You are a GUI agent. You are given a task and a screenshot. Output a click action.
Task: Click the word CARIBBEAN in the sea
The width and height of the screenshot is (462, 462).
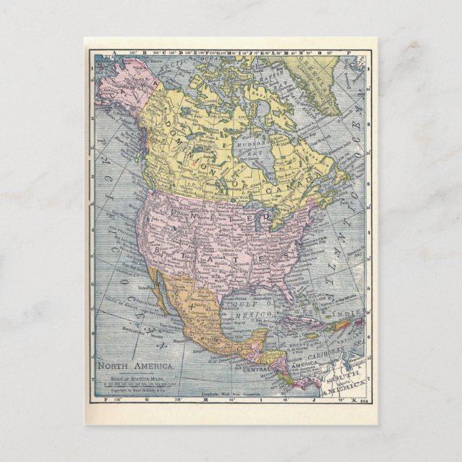324,354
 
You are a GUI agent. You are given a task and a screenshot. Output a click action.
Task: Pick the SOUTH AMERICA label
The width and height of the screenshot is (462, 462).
344,380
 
